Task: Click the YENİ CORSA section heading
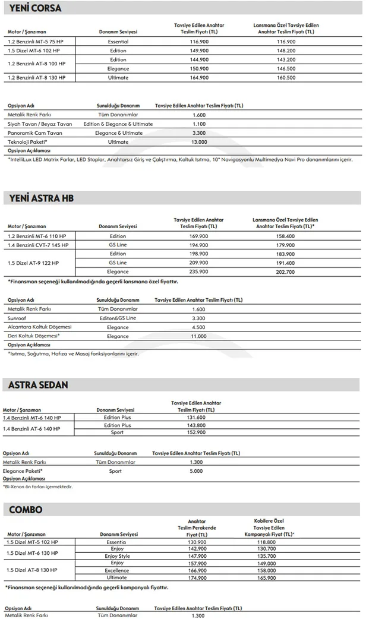[36, 8]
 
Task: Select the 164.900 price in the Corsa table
[199, 78]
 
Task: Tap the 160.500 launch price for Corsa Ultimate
[286, 78]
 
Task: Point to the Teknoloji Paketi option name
[27, 142]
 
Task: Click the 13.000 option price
[199, 142]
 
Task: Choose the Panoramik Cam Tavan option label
[35, 133]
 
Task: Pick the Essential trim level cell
[118, 42]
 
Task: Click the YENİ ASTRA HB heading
[42, 198]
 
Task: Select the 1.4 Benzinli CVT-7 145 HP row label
[38, 245]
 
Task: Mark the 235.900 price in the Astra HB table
[199, 271]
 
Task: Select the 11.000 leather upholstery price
[199, 336]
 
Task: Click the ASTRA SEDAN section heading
[38, 385]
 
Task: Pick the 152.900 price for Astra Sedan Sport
[196, 432]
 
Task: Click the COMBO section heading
[26, 510]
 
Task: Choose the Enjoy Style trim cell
[117, 556]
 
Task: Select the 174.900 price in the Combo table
[197, 577]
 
